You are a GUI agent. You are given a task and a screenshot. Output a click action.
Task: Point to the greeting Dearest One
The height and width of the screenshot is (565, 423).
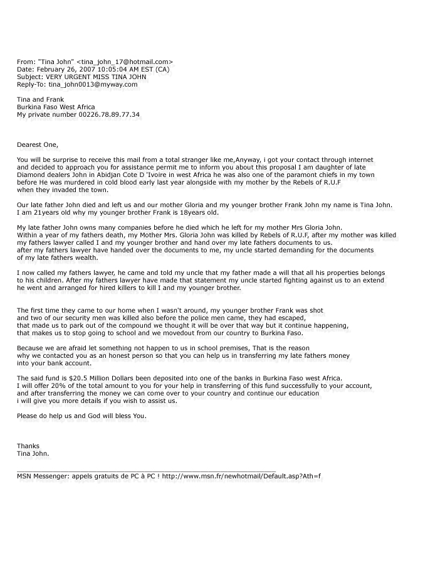[x=37, y=145]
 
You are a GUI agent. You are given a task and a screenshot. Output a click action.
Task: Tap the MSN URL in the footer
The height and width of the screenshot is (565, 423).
[x=241, y=476]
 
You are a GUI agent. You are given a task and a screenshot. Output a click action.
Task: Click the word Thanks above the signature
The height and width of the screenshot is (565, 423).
[x=28, y=446]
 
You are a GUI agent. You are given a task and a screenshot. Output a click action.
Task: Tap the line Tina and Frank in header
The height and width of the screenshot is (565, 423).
[x=40, y=99]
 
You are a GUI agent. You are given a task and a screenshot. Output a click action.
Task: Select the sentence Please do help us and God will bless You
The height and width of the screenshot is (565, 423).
[x=81, y=416]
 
